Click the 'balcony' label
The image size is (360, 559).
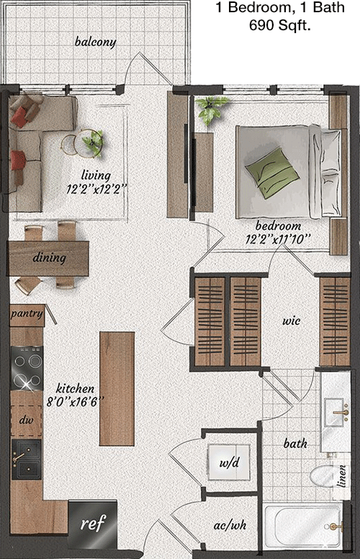coord(96,42)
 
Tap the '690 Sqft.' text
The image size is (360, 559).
coord(280,26)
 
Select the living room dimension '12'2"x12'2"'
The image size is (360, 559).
coord(96,189)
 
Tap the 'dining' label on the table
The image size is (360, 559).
coord(49,257)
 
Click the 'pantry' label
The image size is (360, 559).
coord(27,314)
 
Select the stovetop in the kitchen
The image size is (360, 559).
coord(27,368)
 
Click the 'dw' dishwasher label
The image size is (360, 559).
coord(26,420)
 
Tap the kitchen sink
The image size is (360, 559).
coord(27,460)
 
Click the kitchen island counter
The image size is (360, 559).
coord(117,388)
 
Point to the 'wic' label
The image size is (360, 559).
coord(291,321)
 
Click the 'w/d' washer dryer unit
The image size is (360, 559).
coord(229,462)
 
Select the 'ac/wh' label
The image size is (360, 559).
coord(230,524)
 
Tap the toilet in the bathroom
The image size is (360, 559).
coord(322,475)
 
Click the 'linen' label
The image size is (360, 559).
coord(342,476)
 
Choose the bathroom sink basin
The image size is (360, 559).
coord(335,413)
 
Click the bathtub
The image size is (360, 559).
coord(303,527)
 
